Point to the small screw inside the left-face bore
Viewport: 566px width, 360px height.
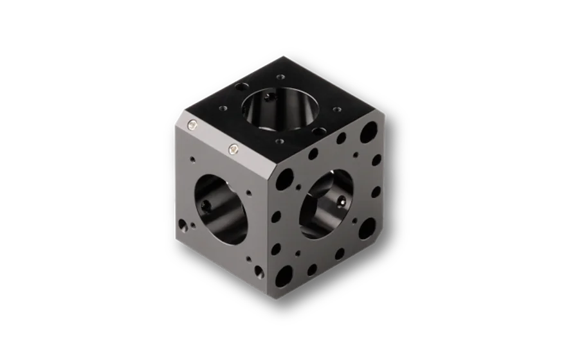[x=205, y=205]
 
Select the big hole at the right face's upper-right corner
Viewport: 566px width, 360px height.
[x=369, y=132]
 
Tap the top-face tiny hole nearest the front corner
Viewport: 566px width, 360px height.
[x=280, y=141]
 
